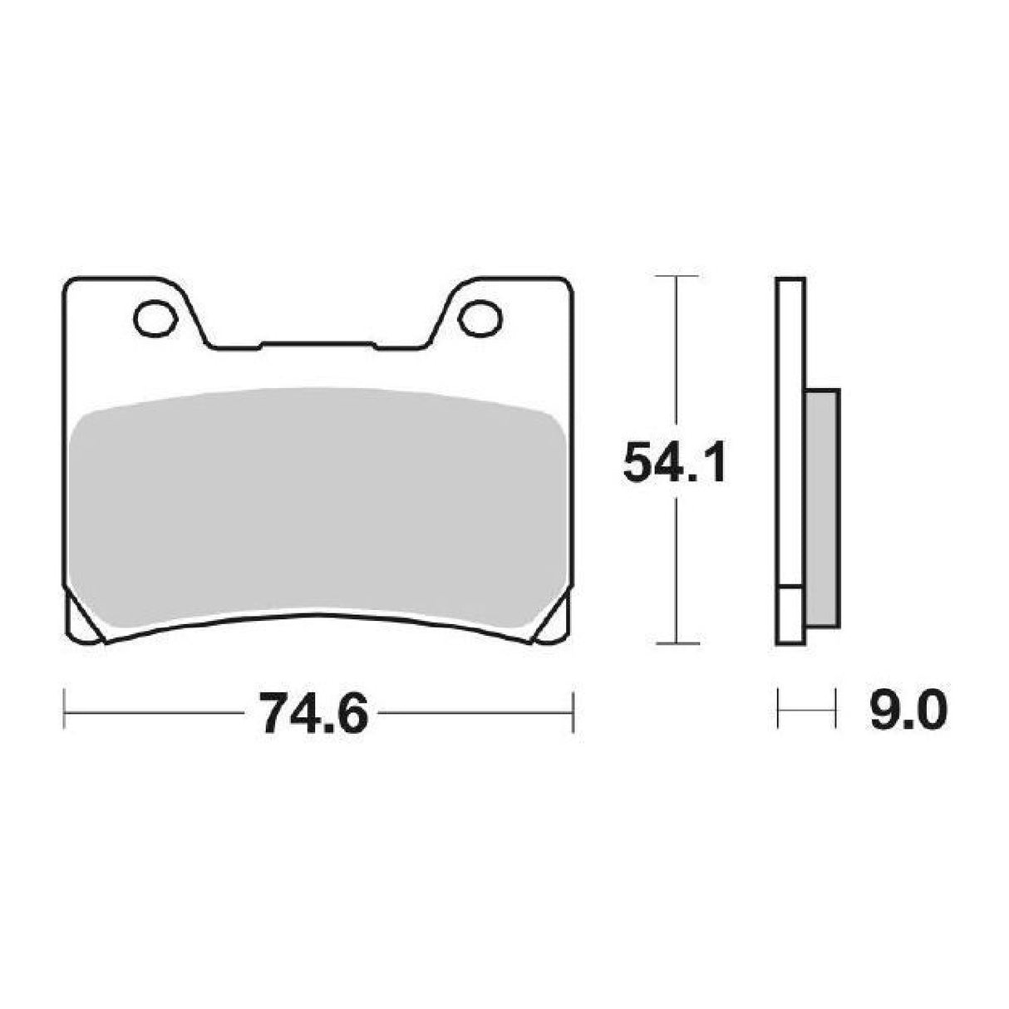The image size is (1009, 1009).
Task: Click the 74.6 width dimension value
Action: point(313,713)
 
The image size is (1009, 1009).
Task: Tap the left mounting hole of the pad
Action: point(150,317)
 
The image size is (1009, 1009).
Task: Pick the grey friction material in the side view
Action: point(822,507)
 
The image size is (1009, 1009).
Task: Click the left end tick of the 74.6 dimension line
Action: point(65,712)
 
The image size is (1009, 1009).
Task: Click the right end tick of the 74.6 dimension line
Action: point(572,712)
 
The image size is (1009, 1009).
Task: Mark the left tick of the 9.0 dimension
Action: point(779,712)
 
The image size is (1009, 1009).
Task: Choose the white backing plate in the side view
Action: point(790,416)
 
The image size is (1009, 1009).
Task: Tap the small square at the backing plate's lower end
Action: point(790,615)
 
